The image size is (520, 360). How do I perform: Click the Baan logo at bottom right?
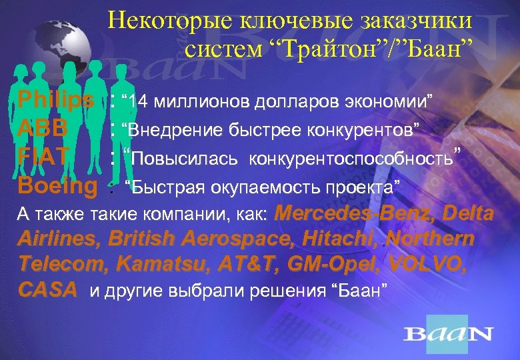[x=449, y=333]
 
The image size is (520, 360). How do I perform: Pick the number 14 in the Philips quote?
[x=140, y=101]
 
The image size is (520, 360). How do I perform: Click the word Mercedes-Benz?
[x=351, y=214]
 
